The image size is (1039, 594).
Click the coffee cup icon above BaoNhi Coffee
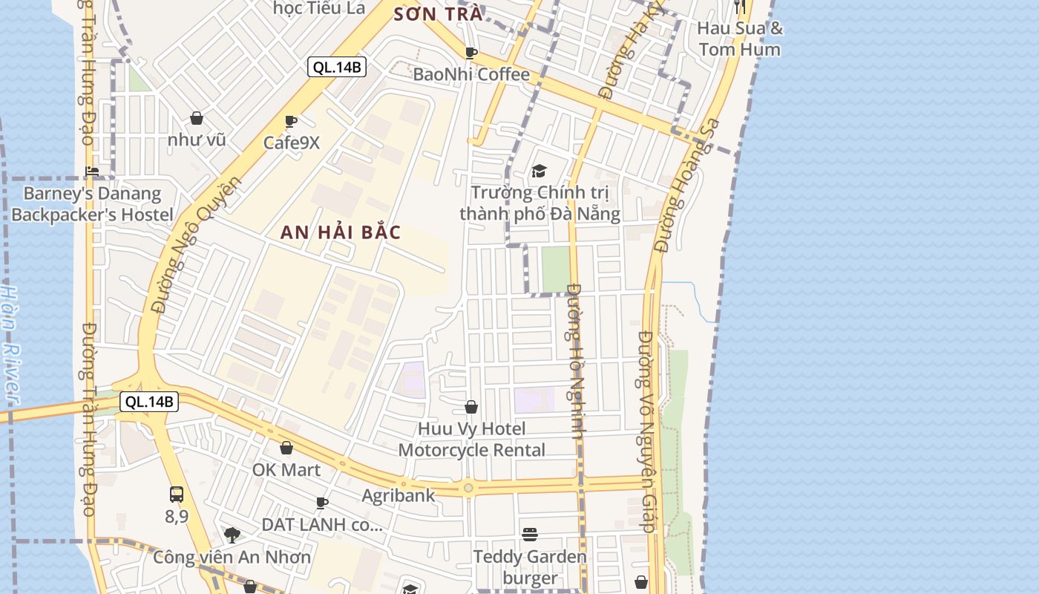click(x=471, y=53)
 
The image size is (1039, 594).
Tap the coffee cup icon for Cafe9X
click(x=291, y=121)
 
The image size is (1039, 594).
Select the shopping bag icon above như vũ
click(x=197, y=118)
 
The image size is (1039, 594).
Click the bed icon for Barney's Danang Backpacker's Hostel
click(x=92, y=172)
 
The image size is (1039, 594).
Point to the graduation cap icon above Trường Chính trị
click(x=539, y=172)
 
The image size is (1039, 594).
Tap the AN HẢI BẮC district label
click(x=341, y=232)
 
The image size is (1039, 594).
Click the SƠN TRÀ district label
click(x=438, y=14)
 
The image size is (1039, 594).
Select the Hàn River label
click(x=10, y=345)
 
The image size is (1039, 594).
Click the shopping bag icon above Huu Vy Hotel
click(x=471, y=407)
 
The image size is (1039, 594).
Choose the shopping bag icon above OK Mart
click(x=286, y=448)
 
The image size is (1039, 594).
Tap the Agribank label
click(x=399, y=495)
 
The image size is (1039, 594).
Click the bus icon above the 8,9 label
click(x=177, y=495)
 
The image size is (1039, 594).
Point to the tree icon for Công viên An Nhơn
click(x=232, y=535)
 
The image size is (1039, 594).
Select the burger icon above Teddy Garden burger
click(x=529, y=535)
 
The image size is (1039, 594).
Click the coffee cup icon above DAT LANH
click(x=322, y=503)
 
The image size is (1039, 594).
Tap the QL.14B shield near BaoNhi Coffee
click(x=337, y=68)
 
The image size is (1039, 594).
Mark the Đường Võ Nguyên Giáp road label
click(x=646, y=431)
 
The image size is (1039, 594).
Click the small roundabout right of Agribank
click(x=468, y=488)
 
